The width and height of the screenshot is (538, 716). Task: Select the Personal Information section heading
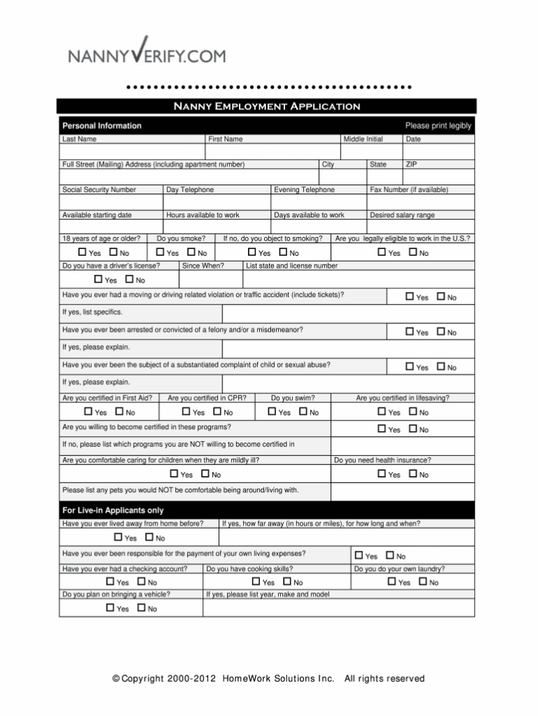tap(102, 126)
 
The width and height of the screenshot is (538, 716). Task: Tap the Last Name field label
tap(79, 140)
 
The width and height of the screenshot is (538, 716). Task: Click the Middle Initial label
tap(363, 140)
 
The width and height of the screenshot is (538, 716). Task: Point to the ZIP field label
tap(413, 164)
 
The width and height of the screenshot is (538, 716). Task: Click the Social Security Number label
tap(99, 190)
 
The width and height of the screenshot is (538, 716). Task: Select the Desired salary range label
tap(401, 215)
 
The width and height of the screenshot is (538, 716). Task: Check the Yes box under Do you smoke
tap(160, 252)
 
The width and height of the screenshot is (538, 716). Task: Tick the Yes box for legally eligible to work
tap(382, 252)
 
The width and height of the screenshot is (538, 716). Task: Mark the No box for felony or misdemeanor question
tap(441, 332)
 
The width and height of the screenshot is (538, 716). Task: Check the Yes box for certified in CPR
tap(186, 412)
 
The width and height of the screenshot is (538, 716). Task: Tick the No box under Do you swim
tap(303, 412)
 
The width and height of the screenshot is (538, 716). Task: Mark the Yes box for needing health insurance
tap(382, 475)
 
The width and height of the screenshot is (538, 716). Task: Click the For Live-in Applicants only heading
tap(113, 511)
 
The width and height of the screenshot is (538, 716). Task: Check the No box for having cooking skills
tap(287, 582)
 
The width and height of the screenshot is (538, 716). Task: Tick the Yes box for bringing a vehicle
tap(110, 608)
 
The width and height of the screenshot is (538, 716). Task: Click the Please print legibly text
tap(438, 126)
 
